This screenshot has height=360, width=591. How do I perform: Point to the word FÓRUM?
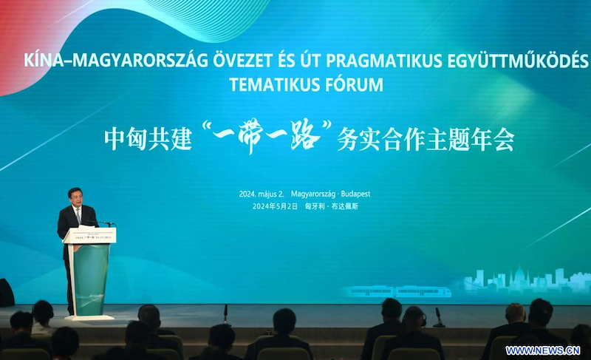[352, 84]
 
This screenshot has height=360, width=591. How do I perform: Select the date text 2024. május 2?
[262, 194]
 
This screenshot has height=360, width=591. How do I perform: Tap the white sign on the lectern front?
[89, 235]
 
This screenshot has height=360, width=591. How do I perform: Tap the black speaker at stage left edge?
[6, 292]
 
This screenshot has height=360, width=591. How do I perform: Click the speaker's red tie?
[78, 215]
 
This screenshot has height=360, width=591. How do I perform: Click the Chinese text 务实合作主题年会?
[424, 139]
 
